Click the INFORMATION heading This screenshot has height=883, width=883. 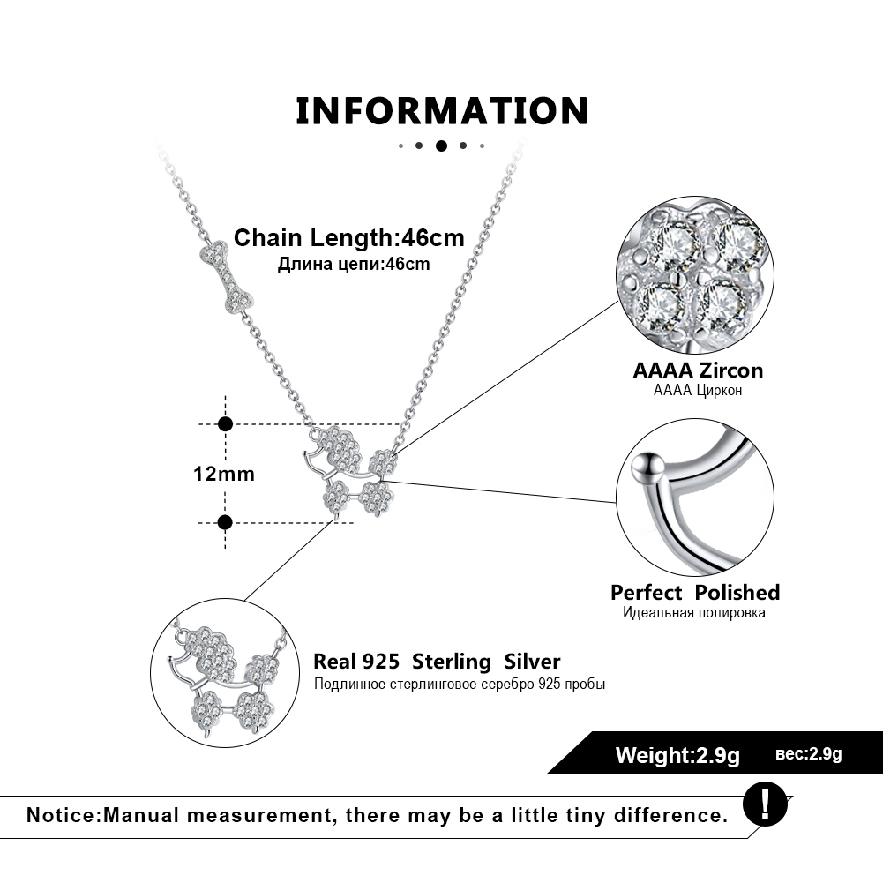click(441, 111)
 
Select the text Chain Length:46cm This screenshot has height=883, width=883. click(348, 238)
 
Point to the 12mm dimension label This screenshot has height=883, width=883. click(224, 474)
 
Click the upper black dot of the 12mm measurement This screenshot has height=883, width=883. click(225, 424)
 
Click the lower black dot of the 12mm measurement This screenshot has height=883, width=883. click(225, 522)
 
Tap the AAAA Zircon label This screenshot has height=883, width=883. click(698, 370)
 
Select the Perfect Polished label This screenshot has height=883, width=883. click(695, 592)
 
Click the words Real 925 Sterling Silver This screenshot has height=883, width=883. click(437, 662)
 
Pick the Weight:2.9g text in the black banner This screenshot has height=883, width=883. click(677, 755)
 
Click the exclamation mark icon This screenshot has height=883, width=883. click(764, 803)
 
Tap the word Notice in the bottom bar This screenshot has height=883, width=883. click(62, 814)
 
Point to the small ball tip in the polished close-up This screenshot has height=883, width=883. click(651, 462)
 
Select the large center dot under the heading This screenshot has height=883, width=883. click(441, 146)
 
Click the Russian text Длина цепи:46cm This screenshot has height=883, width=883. click(354, 264)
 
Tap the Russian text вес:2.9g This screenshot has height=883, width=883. click(809, 754)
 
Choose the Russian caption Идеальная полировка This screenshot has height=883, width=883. click(694, 612)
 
